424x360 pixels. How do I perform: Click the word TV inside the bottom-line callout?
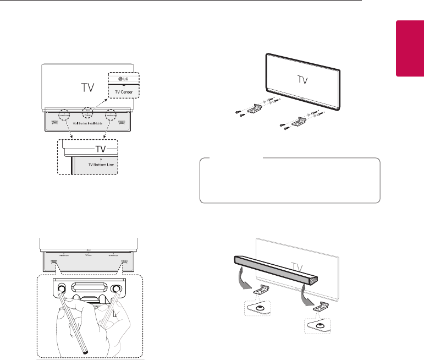(x=88, y=149)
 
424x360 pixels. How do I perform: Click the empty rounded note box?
(x=289, y=181)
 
